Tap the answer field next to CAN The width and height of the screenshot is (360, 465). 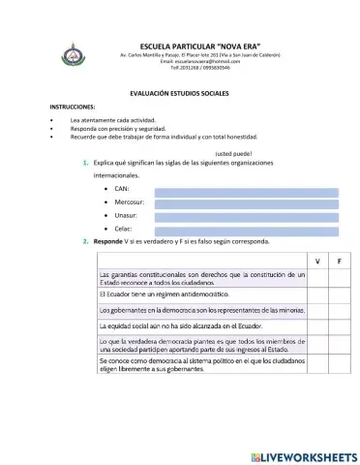(x=246, y=191)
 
